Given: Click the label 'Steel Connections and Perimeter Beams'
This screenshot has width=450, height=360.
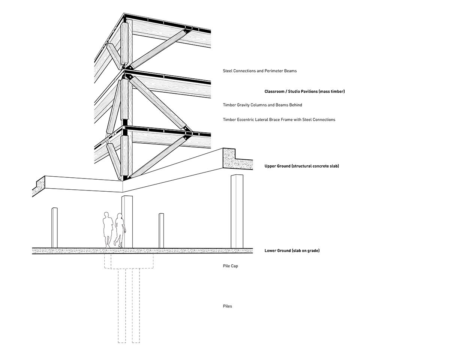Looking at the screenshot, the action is (260, 71).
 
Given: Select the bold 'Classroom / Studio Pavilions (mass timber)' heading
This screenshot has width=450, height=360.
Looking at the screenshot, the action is (304, 91).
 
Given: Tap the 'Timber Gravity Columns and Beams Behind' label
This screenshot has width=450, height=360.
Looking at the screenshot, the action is (262, 105).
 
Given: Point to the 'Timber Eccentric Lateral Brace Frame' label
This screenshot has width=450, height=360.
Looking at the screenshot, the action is (279, 120).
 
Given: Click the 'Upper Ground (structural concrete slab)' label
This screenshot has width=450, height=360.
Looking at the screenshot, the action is (302, 166).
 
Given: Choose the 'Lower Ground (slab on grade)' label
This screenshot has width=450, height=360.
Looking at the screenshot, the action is (292, 250).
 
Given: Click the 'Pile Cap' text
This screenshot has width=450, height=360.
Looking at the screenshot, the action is (230, 266).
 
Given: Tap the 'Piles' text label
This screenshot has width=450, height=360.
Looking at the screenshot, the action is (227, 306).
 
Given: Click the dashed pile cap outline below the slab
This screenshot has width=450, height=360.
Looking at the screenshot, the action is (129, 261).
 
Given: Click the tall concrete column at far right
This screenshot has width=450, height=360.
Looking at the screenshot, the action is (237, 211).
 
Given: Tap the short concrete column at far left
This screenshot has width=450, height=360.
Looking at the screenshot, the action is (54, 228).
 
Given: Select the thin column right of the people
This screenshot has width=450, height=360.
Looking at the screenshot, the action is (161, 231).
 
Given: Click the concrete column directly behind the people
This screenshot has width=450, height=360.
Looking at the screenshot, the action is (127, 222).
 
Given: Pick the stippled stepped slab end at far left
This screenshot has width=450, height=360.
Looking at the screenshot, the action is (39, 186).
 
